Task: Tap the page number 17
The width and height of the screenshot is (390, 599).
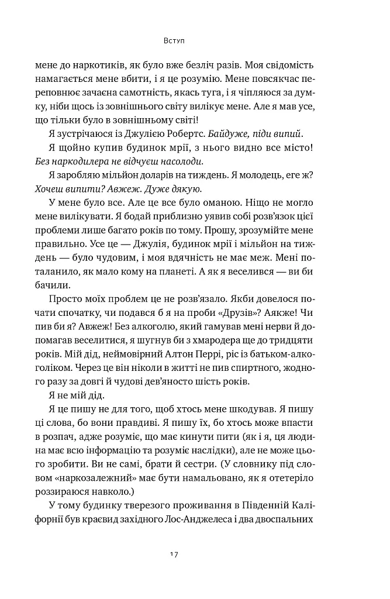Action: pyautogui.click(x=174, y=554)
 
